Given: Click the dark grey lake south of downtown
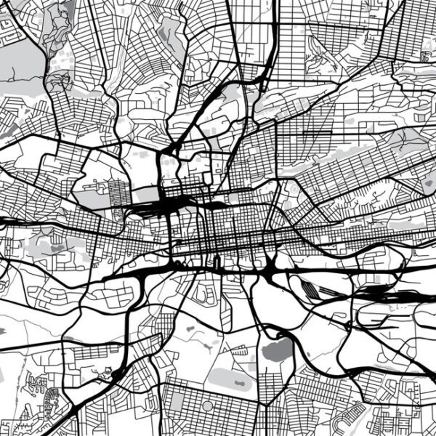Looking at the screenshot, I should click(275, 352).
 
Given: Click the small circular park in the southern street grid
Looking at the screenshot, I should click(208, 405).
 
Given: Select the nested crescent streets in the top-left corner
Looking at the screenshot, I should click(10, 29).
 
